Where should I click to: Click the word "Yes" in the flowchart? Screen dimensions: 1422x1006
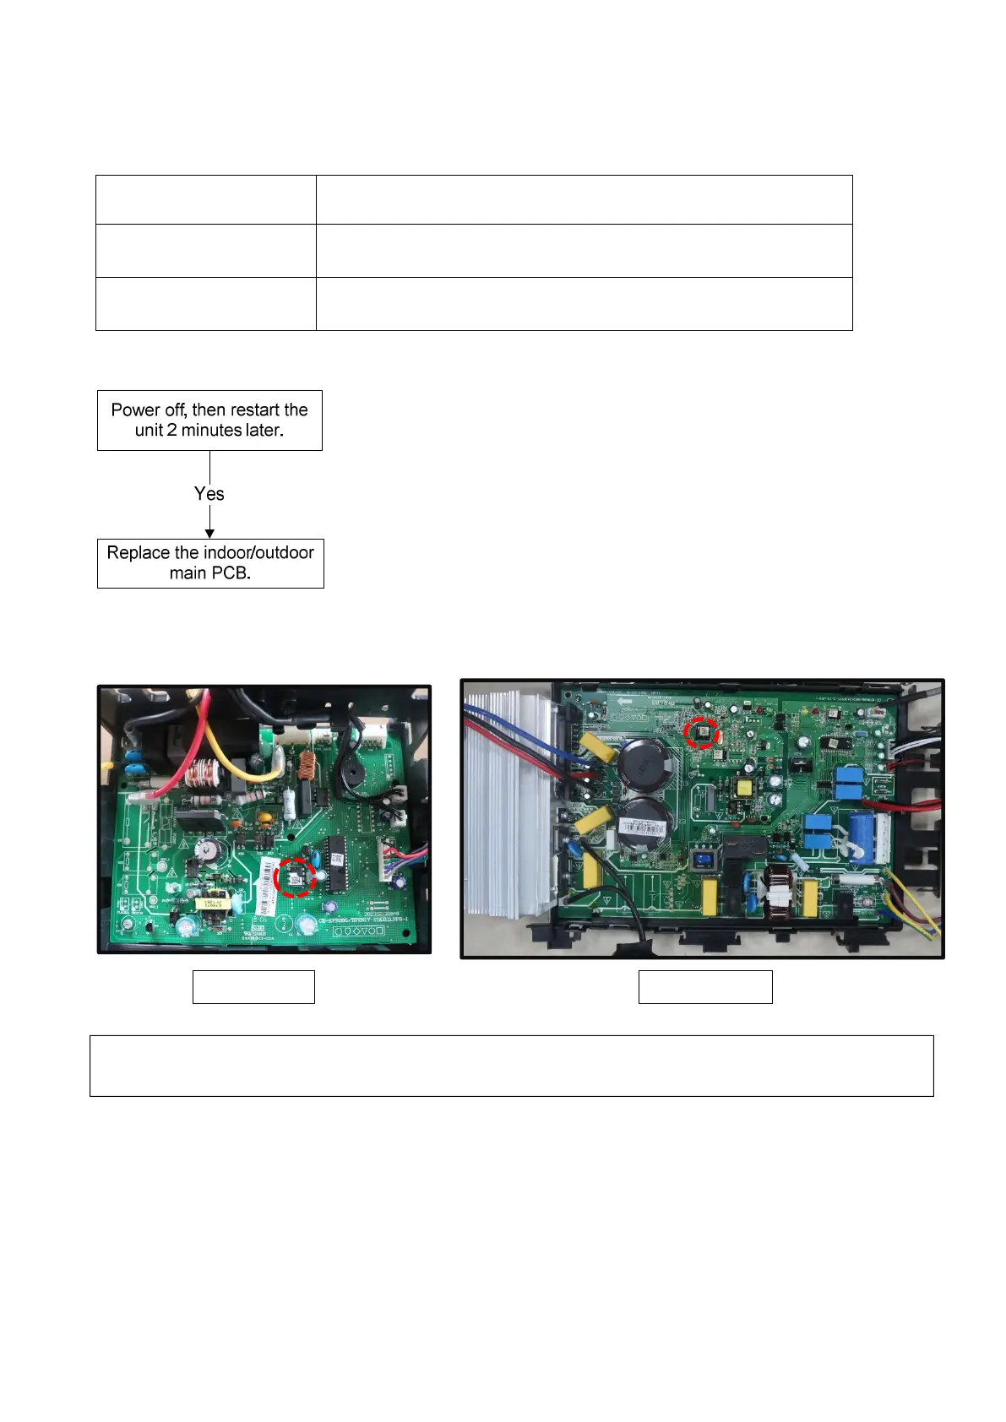(209, 494)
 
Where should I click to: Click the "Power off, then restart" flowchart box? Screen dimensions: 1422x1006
(209, 421)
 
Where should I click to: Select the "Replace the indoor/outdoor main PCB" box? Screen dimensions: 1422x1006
(210, 563)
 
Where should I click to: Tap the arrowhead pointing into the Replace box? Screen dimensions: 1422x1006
(209, 534)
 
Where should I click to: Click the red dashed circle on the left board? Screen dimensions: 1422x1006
(295, 877)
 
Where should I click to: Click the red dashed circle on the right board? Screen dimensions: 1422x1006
(701, 732)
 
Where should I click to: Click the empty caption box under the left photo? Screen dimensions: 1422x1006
(253, 986)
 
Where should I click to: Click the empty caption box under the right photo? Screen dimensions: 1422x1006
(705, 986)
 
